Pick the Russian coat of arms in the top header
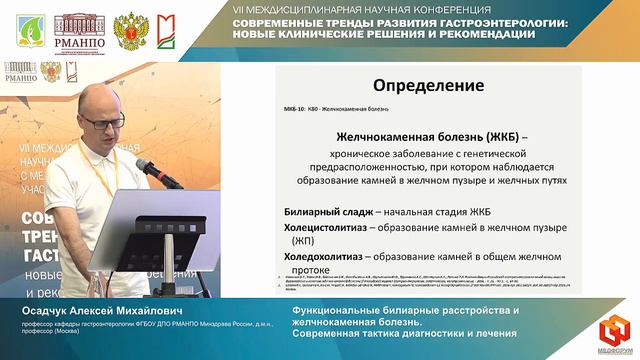pyautogui.click(x=128, y=31)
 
